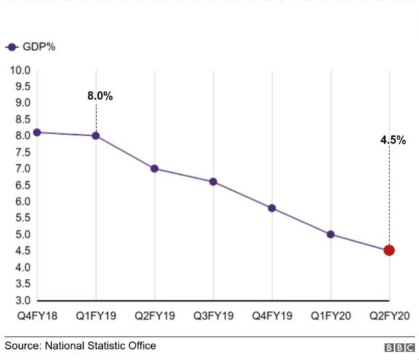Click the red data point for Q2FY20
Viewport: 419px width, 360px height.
[389, 250]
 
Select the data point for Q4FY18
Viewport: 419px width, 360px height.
[37, 132]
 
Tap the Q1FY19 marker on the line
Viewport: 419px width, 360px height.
[96, 135]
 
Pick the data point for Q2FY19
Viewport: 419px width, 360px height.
[155, 168]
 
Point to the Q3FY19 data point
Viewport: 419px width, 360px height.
[213, 181]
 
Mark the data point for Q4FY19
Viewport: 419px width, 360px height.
[272, 208]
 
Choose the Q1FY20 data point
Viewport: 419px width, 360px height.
[331, 234]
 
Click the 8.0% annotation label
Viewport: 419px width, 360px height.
[100, 96]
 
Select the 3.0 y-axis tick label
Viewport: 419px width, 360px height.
[22, 300]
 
